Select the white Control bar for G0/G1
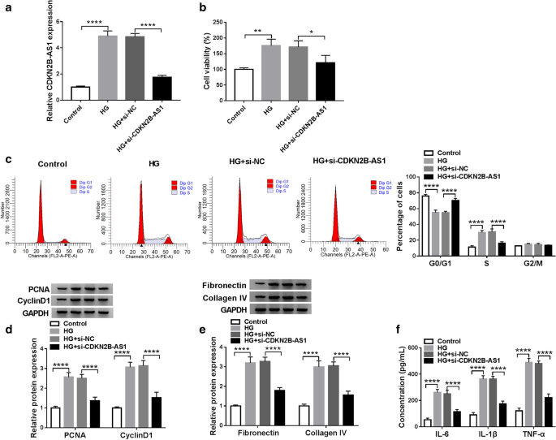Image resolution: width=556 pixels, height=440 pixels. (x=425, y=225)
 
